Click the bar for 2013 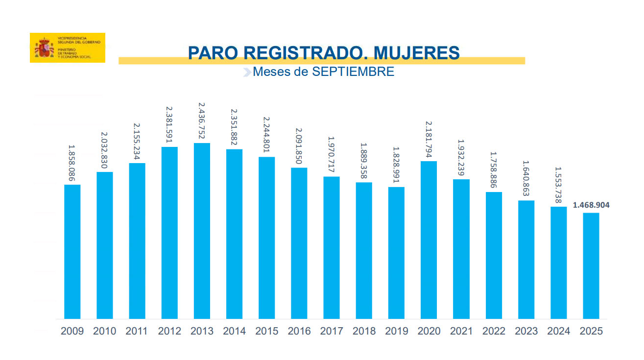(x=202, y=231)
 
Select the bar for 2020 (x=429, y=240)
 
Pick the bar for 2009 (x=72, y=252)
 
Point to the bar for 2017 (x=332, y=247)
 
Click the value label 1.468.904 (x=591, y=205)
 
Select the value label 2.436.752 (x=202, y=121)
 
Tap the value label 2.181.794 (x=429, y=139)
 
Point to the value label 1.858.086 (x=72, y=164)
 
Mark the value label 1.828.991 (x=396, y=166)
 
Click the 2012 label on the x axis (x=169, y=332)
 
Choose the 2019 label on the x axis (x=397, y=332)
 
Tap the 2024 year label (x=558, y=332)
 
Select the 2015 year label (x=267, y=332)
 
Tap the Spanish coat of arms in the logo (x=44, y=48)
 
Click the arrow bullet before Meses (x=247, y=72)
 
